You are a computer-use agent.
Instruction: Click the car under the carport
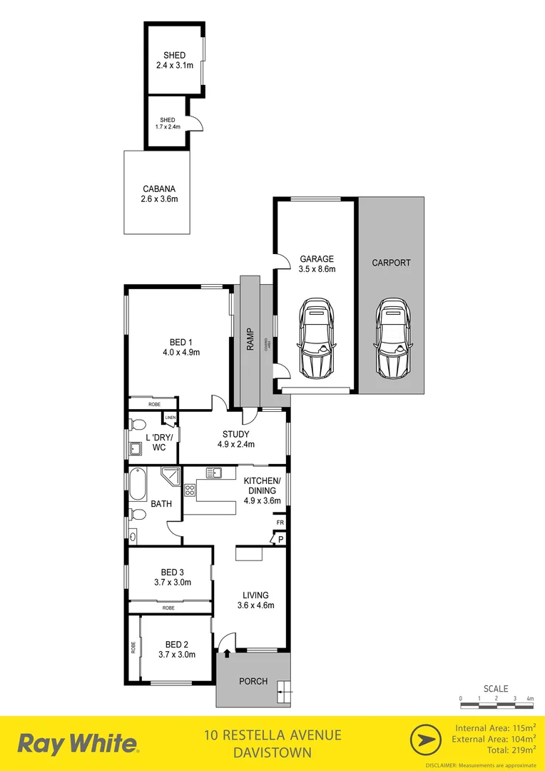[x=391, y=338]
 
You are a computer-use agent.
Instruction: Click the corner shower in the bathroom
[x=170, y=477]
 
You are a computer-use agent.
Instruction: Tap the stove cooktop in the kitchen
[x=190, y=490]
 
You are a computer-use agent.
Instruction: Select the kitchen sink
[x=215, y=473]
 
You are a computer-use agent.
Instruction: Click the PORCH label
[x=253, y=682]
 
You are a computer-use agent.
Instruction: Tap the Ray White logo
[x=78, y=744]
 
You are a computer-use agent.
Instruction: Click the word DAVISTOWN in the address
[x=272, y=753]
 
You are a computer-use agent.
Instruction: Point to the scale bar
[x=496, y=705]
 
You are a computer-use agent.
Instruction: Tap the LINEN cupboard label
[x=170, y=418]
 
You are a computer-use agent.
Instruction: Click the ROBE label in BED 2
[x=133, y=647]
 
